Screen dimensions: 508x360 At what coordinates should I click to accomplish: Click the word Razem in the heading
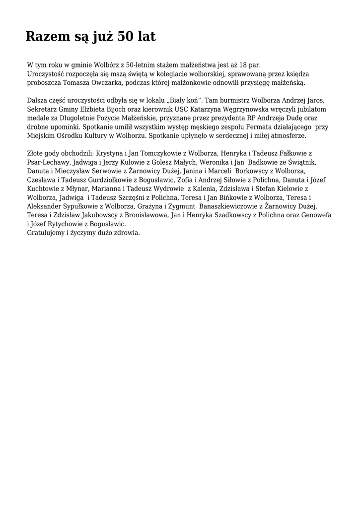click(x=48, y=37)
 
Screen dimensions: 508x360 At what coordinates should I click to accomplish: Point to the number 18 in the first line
click(x=244, y=65)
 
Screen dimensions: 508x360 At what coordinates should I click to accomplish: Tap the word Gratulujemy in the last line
click(x=46, y=233)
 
